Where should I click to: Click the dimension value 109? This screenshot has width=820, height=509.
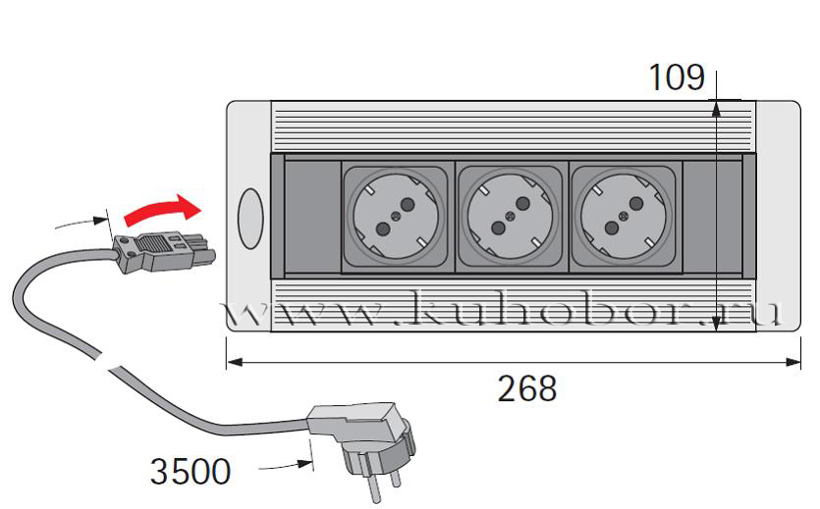tap(676, 77)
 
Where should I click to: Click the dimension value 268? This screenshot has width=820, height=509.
tap(527, 388)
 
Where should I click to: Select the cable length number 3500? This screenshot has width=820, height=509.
tap(191, 472)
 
